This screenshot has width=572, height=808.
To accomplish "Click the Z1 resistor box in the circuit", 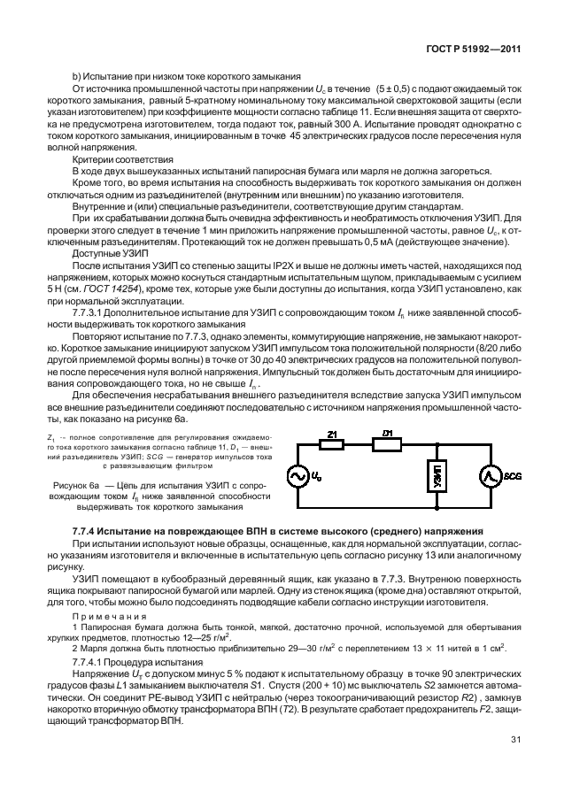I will [x=331, y=444].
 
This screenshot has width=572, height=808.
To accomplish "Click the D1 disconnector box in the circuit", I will [x=387, y=444].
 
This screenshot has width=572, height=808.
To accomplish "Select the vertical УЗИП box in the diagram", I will [x=436, y=477].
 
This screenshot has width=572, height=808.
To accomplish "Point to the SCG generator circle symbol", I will [x=489, y=477].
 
